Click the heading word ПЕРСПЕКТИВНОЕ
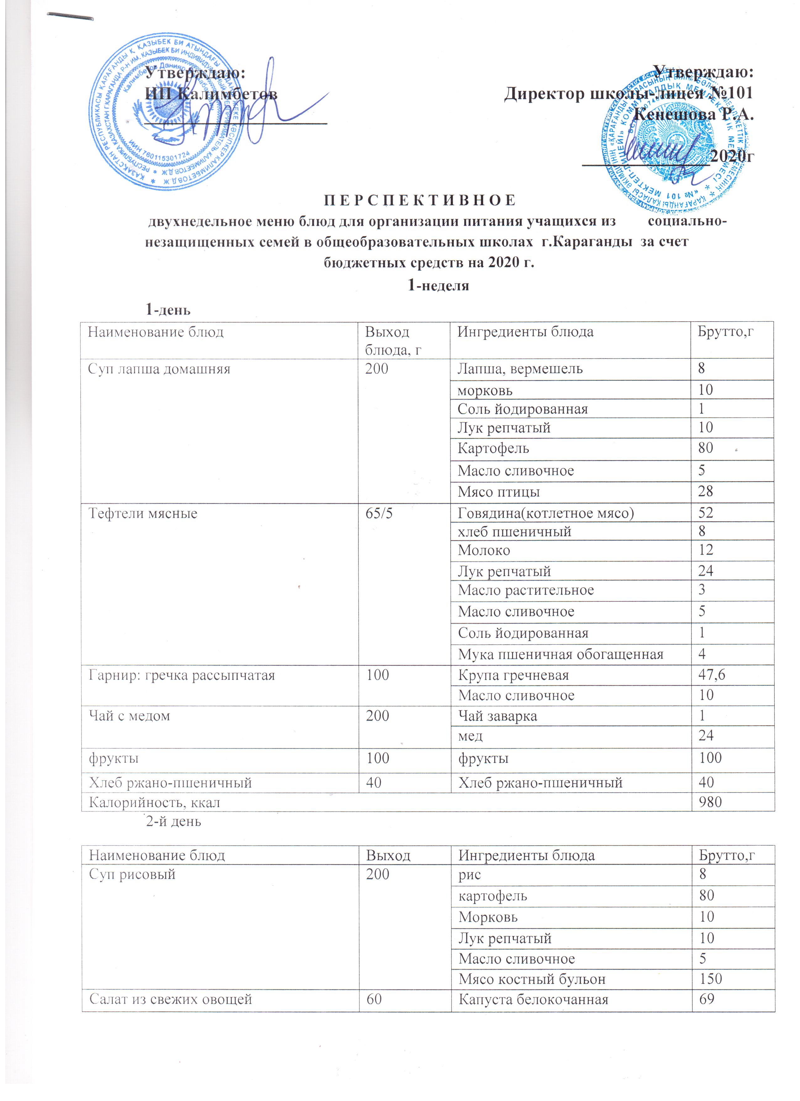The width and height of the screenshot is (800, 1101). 419,200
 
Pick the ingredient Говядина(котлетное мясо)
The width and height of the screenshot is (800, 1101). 546,513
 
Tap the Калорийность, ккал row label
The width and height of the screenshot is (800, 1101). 154,803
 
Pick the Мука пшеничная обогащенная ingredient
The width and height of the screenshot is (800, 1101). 560,654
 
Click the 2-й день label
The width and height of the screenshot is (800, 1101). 174,822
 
